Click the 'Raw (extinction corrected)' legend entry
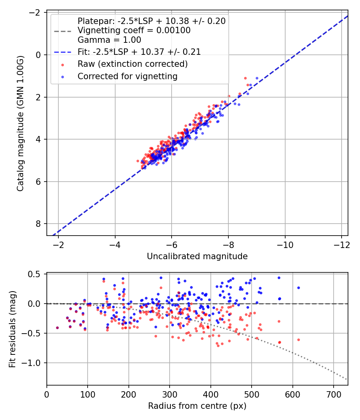(132, 64)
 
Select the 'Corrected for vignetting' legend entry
(128, 76)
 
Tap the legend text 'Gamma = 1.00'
(109, 40)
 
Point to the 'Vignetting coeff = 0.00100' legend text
(134, 30)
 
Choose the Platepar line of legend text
(152, 21)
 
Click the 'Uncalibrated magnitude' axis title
(197, 256)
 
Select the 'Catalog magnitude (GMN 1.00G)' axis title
(20, 124)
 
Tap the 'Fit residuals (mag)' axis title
(12, 329)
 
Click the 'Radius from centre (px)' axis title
(197, 406)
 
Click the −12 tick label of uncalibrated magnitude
(341, 245)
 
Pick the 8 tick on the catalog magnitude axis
(38, 224)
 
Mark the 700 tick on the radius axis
(334, 394)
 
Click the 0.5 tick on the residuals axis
(34, 274)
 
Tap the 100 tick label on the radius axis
(88, 394)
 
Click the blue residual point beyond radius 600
(299, 288)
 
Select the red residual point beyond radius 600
(299, 340)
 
